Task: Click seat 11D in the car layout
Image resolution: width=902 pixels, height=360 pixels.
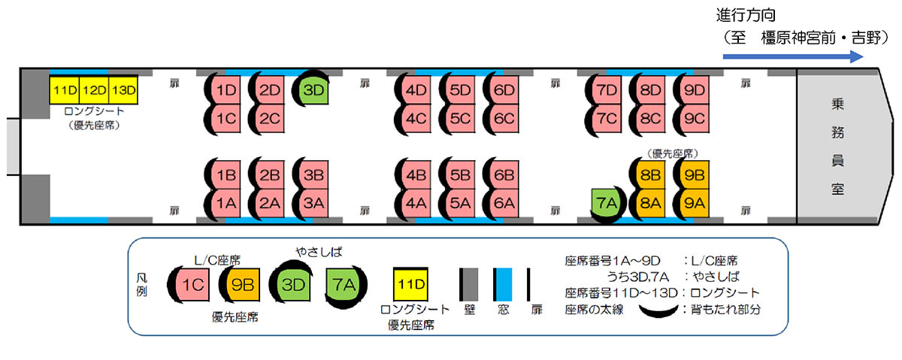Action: click(x=65, y=90)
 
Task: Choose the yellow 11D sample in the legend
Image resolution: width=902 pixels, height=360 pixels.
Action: click(x=411, y=285)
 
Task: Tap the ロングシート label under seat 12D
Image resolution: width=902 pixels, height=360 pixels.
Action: click(x=94, y=111)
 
